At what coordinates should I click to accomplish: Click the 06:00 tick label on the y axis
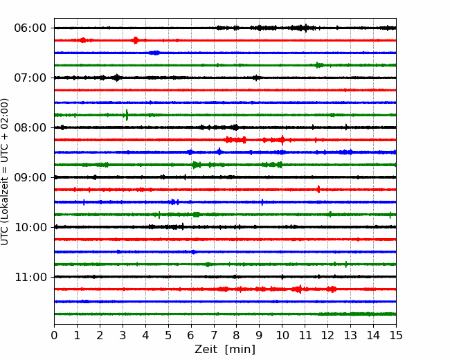tap(30, 28)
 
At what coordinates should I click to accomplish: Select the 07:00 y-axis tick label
tap(30, 78)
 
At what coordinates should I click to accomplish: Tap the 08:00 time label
tap(30, 127)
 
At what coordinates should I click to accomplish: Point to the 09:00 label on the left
tap(30, 177)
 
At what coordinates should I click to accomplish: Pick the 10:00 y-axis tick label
tap(30, 227)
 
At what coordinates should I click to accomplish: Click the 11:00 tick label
tap(30, 277)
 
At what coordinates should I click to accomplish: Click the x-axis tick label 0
tap(54, 336)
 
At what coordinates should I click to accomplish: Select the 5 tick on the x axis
tap(168, 336)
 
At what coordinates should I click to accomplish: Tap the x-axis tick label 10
tap(282, 336)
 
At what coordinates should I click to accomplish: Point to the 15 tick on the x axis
tap(395, 336)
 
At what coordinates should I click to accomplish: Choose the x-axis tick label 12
tap(327, 336)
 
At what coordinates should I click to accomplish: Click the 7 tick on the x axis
tap(213, 336)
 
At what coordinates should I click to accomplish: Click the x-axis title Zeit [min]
tap(224, 350)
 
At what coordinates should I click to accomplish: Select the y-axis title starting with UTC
tap(6, 172)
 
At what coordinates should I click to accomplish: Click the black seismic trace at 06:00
tap(173, 28)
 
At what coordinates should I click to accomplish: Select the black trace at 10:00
tap(242, 227)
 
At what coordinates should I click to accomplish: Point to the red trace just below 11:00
tap(173, 289)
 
